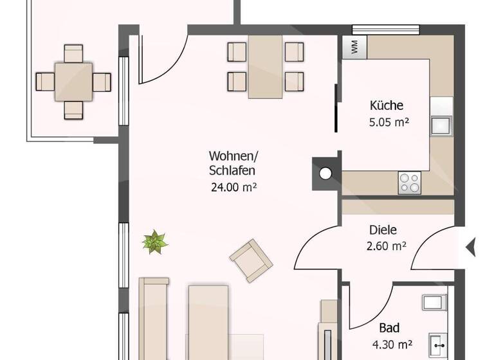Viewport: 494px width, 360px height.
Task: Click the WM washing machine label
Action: pos(354,46)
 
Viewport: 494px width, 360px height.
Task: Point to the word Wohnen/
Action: pos(233,156)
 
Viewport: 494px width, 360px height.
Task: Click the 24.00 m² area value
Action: pos(233,187)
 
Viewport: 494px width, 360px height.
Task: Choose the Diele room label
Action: pos(383,230)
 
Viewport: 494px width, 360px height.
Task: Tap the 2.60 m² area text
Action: pos(386,245)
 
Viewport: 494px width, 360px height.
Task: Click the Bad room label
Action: pos(389,327)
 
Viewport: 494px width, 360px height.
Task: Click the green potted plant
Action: pos(155,242)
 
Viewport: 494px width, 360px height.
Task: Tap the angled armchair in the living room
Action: pos(251,260)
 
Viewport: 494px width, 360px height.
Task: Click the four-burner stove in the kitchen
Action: pos(410,183)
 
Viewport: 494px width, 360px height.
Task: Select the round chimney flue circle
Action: pos(326,173)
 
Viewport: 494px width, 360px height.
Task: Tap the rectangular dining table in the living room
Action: pos(266,66)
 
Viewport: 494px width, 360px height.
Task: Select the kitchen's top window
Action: pos(385,29)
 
